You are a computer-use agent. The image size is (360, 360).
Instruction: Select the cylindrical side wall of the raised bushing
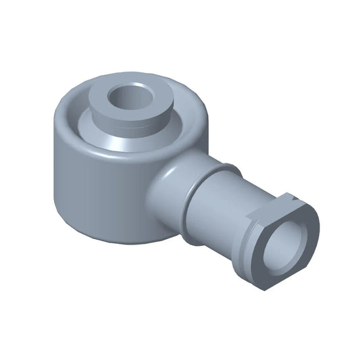tap(128, 122)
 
